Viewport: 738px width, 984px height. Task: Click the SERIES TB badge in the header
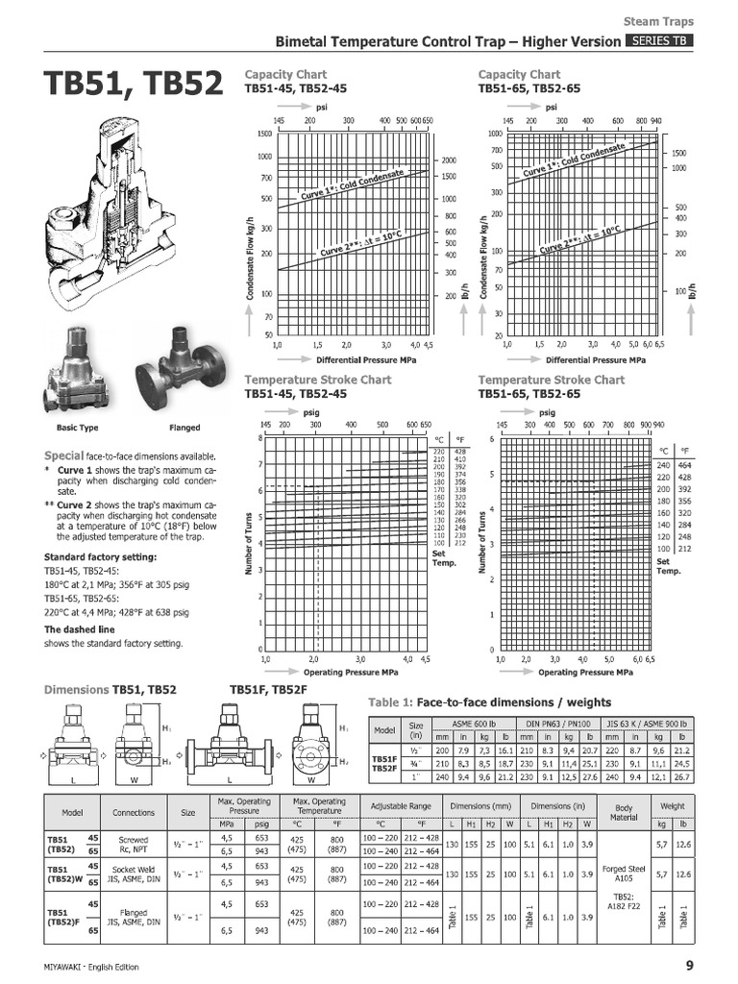(660, 41)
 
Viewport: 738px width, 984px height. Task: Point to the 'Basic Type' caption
(79, 428)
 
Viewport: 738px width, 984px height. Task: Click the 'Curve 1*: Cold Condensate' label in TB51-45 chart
(353, 182)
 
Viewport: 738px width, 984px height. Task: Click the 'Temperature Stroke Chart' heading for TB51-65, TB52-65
(551, 381)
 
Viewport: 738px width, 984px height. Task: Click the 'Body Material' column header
(623, 812)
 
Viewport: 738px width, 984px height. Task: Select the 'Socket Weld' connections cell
(134, 874)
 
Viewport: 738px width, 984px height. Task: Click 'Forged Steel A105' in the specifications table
(623, 873)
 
